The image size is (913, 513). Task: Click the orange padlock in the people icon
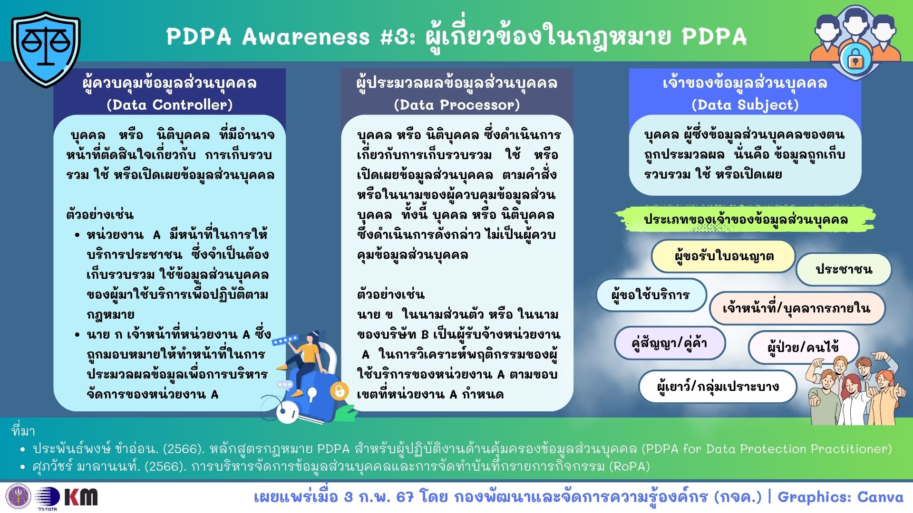(x=855, y=59)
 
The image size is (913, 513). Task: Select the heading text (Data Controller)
(x=170, y=104)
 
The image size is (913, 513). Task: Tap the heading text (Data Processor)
(x=457, y=104)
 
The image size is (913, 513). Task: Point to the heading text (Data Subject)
(x=745, y=104)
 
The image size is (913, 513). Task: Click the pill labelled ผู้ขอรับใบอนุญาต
(x=723, y=256)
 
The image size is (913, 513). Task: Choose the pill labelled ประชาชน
(x=844, y=269)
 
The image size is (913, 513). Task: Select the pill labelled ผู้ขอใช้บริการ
(x=651, y=295)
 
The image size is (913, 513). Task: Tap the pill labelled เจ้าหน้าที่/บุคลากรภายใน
(x=797, y=308)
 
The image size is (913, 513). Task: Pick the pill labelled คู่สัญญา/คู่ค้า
(x=670, y=342)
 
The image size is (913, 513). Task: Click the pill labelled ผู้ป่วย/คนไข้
(x=803, y=347)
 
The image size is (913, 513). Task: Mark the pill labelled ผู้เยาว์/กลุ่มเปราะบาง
(x=718, y=387)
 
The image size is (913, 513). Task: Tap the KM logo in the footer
(x=81, y=497)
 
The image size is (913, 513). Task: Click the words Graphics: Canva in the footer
(x=840, y=497)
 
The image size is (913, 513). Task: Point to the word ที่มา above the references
(x=23, y=431)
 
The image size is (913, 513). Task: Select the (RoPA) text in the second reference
(x=630, y=466)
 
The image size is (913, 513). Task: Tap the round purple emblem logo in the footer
(x=19, y=497)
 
